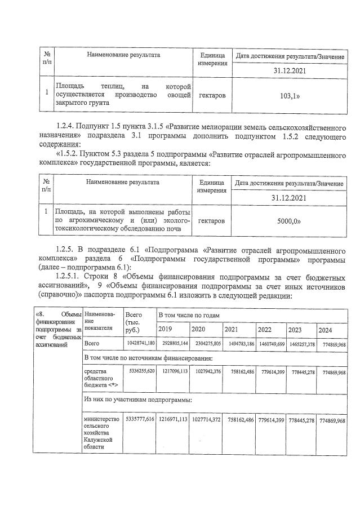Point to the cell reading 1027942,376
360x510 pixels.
coord(206,372)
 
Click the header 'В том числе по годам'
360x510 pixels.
coord(188,314)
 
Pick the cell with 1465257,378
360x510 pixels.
coord(301,343)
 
